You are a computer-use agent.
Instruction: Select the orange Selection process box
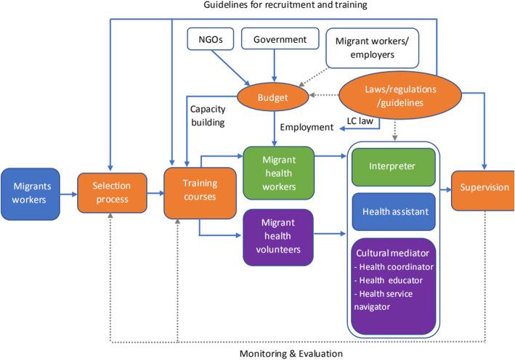109,193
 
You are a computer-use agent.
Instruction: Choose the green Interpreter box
392,166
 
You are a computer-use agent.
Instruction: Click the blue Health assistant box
392,211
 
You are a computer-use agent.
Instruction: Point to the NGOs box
208,39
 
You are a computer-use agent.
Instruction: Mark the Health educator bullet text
396,279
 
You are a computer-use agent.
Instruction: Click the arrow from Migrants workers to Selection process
70,193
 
